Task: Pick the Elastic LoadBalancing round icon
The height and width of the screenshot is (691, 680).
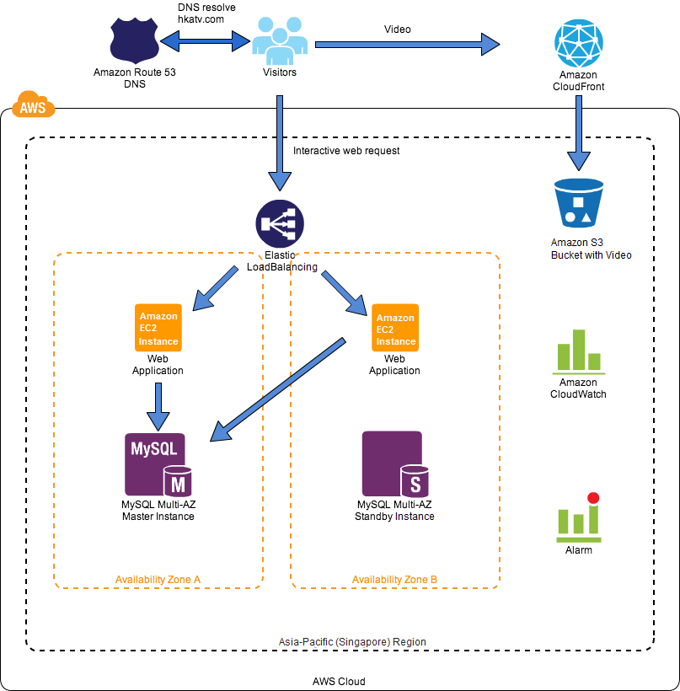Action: pyautogui.click(x=280, y=224)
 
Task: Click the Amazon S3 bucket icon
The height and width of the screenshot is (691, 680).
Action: pyautogui.click(x=578, y=202)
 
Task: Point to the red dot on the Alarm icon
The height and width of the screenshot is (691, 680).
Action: pyautogui.click(x=593, y=498)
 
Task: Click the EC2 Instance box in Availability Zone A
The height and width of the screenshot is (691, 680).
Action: pyautogui.click(x=158, y=328)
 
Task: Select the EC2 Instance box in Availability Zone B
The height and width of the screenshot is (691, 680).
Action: pyautogui.click(x=395, y=329)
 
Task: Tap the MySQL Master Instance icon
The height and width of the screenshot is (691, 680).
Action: pyautogui.click(x=158, y=464)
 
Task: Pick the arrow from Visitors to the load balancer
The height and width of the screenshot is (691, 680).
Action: pyautogui.click(x=280, y=143)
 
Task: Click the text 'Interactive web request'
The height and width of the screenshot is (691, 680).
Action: pyautogui.click(x=346, y=151)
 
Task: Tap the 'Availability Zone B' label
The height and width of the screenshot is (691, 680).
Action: pyautogui.click(x=394, y=580)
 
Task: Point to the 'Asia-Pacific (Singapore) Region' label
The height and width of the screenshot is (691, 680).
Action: pyautogui.click(x=352, y=642)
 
